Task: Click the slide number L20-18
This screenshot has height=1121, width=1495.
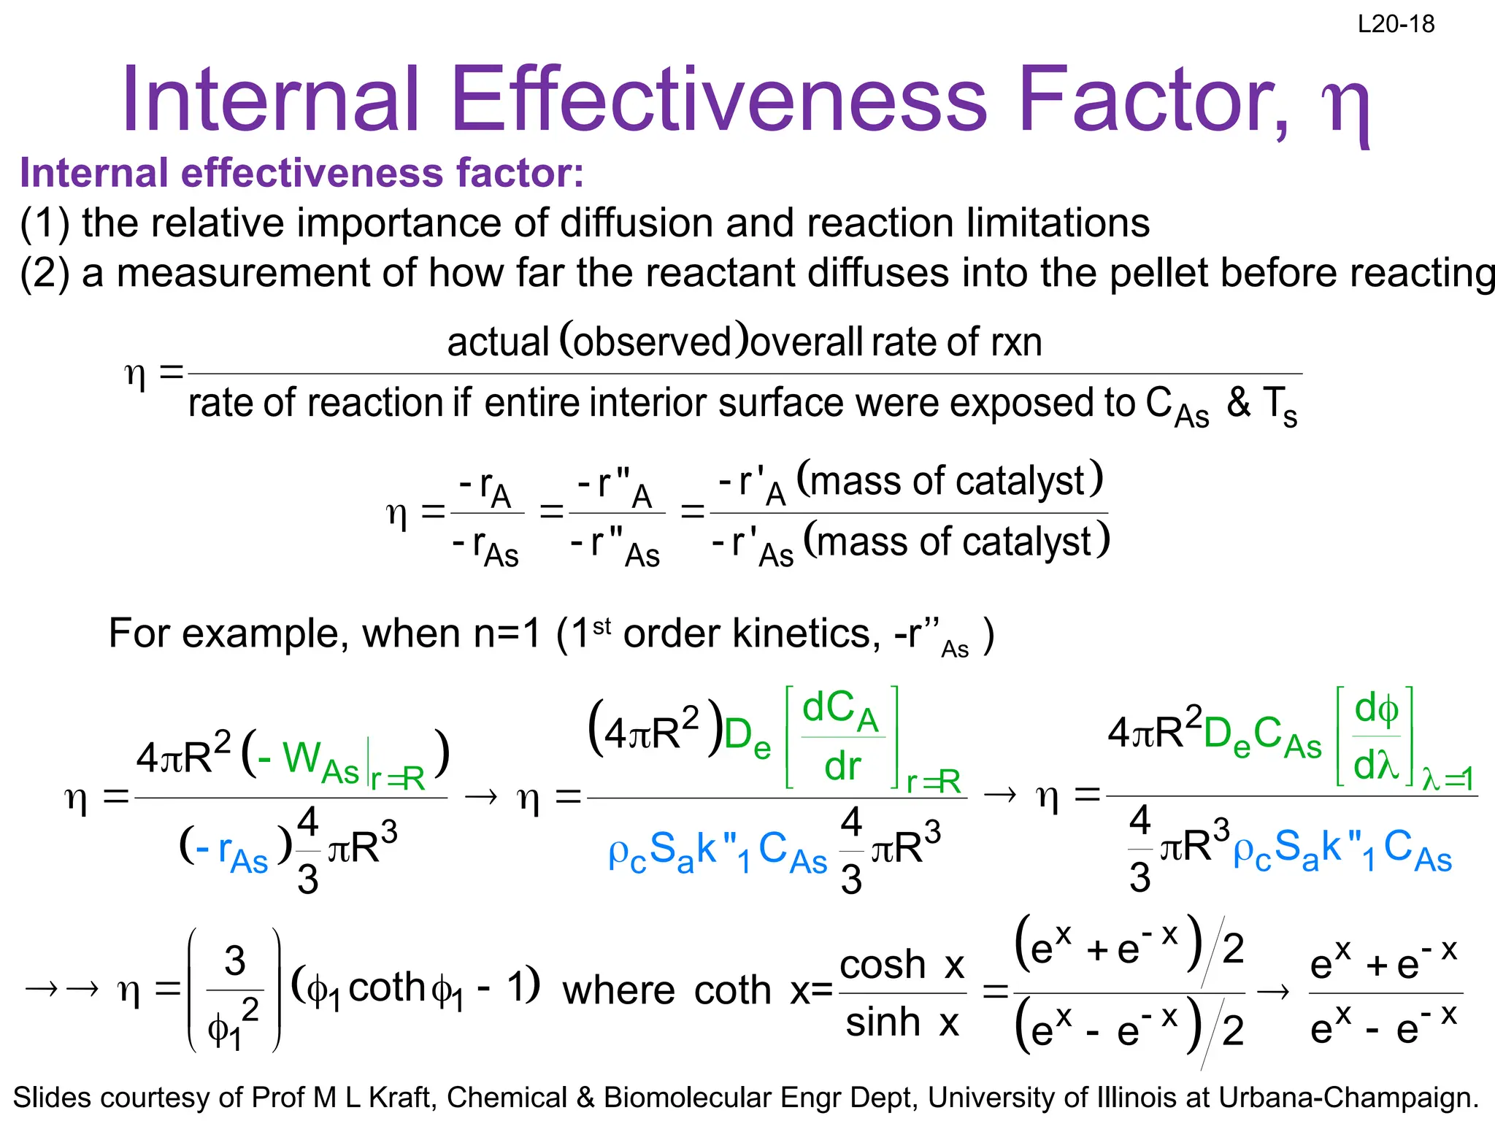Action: click(1396, 24)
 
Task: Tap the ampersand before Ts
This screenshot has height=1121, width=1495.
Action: click(1239, 401)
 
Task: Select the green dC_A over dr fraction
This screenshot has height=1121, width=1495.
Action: click(842, 737)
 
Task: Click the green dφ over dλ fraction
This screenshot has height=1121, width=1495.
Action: click(1375, 737)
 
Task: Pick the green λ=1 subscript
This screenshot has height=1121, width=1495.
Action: click(1448, 779)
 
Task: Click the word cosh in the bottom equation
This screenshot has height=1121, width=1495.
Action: click(883, 965)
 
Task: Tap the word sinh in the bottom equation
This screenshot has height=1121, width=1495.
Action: click(883, 1021)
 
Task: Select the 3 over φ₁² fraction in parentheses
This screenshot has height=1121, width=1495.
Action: click(234, 990)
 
